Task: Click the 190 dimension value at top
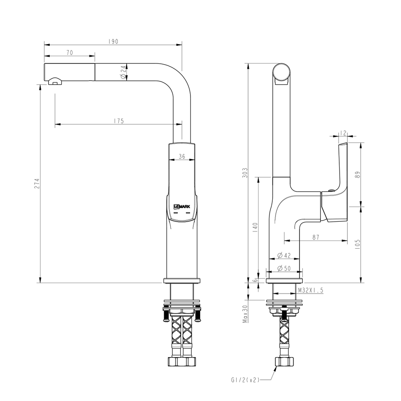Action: (113, 42)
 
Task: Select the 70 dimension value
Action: (69, 53)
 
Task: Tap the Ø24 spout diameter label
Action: (123, 72)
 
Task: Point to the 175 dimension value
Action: (118, 121)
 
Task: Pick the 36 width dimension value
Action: (181, 157)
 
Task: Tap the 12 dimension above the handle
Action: (343, 133)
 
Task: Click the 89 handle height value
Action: (358, 174)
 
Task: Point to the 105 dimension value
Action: (358, 243)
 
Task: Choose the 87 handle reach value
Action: (316, 237)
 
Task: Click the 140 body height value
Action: (255, 227)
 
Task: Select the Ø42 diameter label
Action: (284, 255)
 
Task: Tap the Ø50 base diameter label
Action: (284, 269)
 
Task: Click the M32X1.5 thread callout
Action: (310, 290)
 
